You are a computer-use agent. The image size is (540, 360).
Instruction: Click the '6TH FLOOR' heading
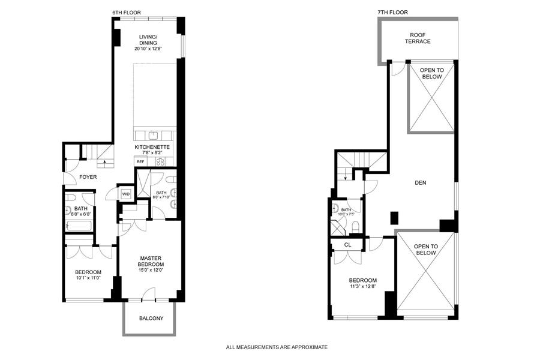pyautogui.click(x=127, y=13)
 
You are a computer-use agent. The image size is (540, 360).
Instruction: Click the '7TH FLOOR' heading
pyautogui.click(x=392, y=13)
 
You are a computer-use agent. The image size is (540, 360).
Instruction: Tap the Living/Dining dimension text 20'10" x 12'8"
pyautogui.click(x=148, y=49)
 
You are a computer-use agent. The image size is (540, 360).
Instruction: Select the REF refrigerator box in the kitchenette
pyautogui.click(x=140, y=161)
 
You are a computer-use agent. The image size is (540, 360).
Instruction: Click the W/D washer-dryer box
pyautogui.click(x=126, y=194)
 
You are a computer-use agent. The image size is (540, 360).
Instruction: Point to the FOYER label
pyautogui.click(x=88, y=177)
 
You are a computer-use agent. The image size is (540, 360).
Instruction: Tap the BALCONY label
pyautogui.click(x=151, y=319)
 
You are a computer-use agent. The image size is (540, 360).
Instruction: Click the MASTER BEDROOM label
pyautogui.click(x=151, y=261)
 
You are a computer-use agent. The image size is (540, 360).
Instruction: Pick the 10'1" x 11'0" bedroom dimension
pyautogui.click(x=88, y=278)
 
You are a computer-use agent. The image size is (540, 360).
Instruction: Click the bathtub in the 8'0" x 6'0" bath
pyautogui.click(x=79, y=226)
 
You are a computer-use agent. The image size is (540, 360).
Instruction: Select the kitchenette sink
pyautogui.click(x=153, y=136)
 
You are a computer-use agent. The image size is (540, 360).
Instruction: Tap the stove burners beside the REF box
pyautogui.click(x=160, y=161)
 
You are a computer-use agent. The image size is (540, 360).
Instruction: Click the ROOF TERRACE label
pyautogui.click(x=418, y=38)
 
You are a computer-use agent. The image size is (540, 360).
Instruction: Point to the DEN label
pyautogui.click(x=421, y=183)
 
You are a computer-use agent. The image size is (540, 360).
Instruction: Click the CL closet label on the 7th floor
pyautogui.click(x=348, y=245)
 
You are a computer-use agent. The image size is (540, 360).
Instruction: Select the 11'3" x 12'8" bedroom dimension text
pyautogui.click(x=362, y=286)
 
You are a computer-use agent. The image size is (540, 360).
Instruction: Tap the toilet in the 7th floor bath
pyautogui.click(x=356, y=227)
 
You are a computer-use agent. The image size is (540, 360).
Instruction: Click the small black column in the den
pyautogui.click(x=394, y=218)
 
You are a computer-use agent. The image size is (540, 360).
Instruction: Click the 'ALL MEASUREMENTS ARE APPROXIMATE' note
pyautogui.click(x=277, y=347)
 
